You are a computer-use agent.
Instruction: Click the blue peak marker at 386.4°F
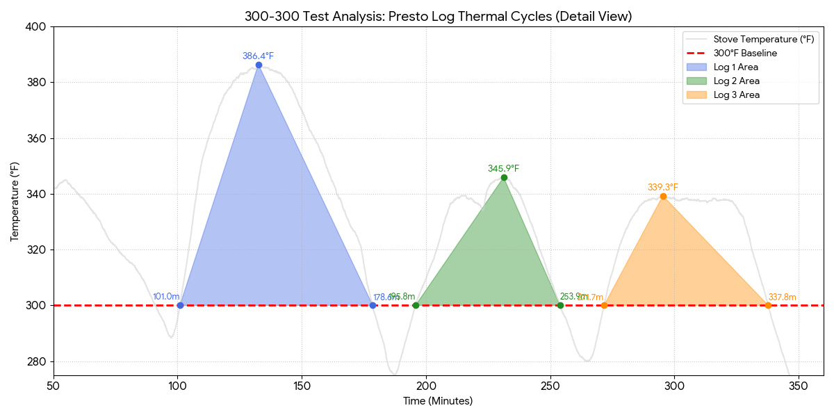point(259,65)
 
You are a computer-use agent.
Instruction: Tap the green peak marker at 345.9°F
point(504,177)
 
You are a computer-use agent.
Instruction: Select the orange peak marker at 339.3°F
point(663,196)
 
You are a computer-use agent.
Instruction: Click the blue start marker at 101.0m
point(180,305)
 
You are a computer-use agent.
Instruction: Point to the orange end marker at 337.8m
point(768,305)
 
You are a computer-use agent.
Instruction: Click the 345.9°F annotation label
point(503,168)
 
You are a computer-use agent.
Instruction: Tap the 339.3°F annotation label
point(662,187)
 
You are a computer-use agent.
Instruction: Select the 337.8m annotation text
point(782,297)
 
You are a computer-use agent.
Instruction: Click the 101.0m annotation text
point(166,297)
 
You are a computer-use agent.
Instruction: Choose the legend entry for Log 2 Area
point(736,81)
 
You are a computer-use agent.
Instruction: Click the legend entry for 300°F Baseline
point(745,53)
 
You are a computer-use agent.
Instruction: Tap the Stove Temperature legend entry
point(763,39)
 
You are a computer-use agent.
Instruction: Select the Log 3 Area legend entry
point(736,95)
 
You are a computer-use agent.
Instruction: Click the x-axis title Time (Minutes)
point(438,401)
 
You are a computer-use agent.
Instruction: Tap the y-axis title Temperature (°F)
point(15,202)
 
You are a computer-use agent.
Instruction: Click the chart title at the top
point(438,16)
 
